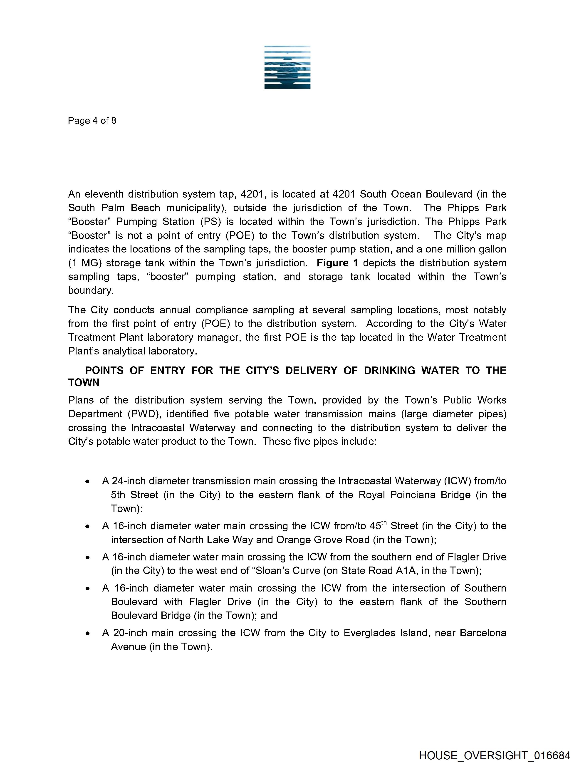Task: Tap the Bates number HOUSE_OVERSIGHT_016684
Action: coord(494,755)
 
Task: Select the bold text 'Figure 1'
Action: coord(337,263)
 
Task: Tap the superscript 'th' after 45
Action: coord(384,523)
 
